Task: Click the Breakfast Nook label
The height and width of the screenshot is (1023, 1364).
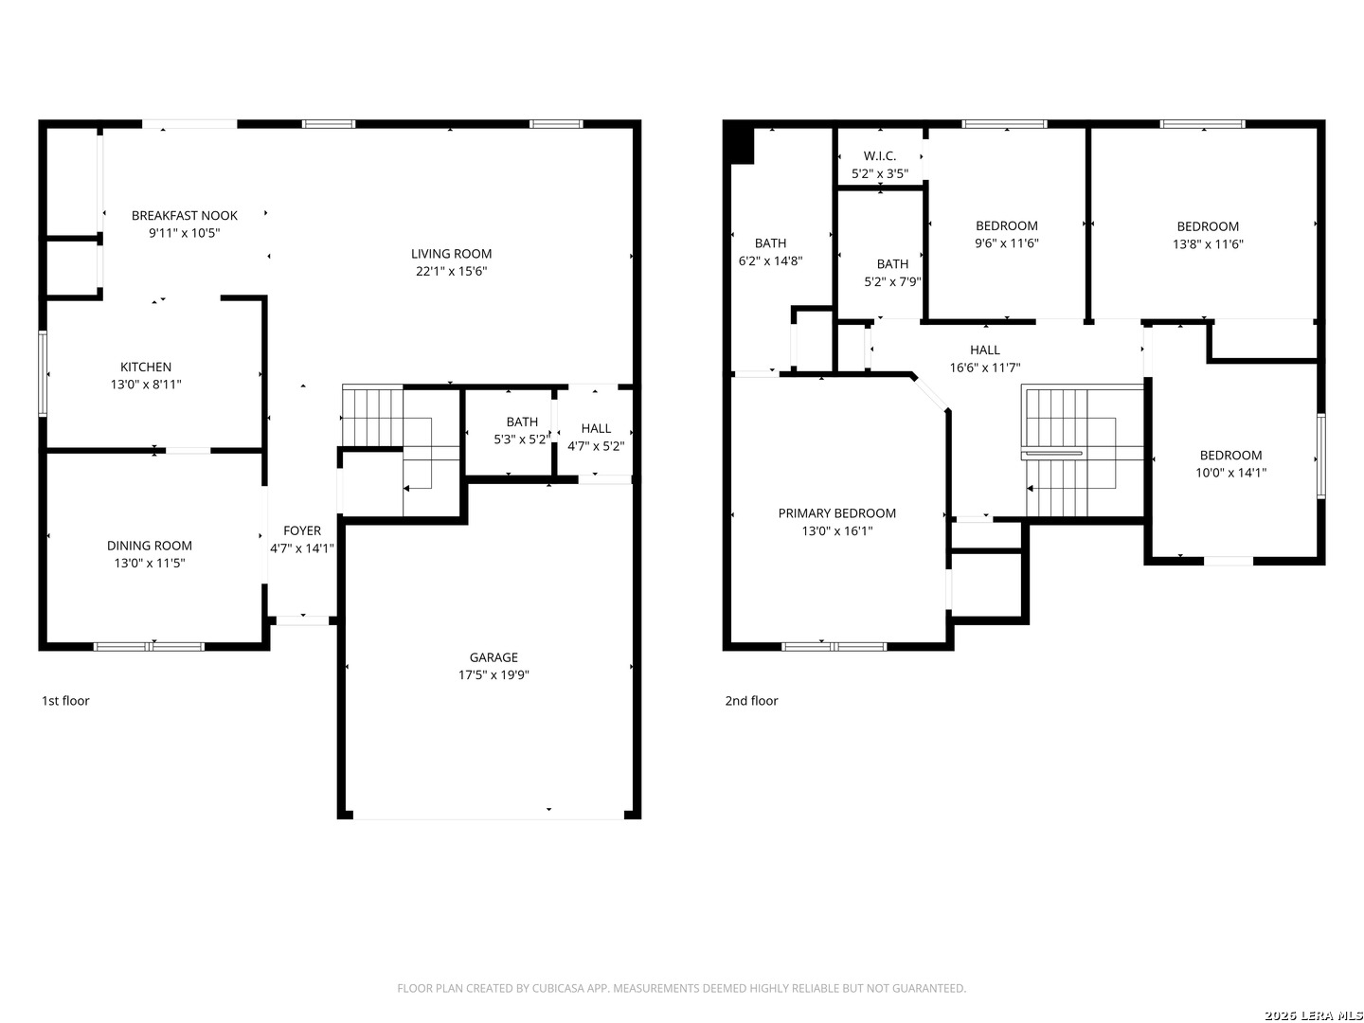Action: pos(184,216)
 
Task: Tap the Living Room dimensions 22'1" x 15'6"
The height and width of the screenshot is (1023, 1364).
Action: pos(451,272)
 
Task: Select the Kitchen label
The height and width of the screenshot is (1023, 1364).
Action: pos(146,368)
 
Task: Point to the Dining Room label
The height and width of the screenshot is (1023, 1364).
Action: pos(149,546)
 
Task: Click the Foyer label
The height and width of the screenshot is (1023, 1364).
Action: pos(302,531)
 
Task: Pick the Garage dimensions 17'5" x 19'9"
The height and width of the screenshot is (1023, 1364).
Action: pos(494,675)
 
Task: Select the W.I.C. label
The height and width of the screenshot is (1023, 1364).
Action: pos(879,156)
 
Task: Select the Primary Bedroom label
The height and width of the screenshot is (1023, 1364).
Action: pos(836,513)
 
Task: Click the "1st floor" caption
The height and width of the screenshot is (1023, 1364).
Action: pos(65,701)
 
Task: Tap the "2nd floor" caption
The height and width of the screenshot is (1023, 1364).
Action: pos(751,701)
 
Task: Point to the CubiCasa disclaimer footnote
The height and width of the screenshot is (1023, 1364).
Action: pos(681,988)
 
